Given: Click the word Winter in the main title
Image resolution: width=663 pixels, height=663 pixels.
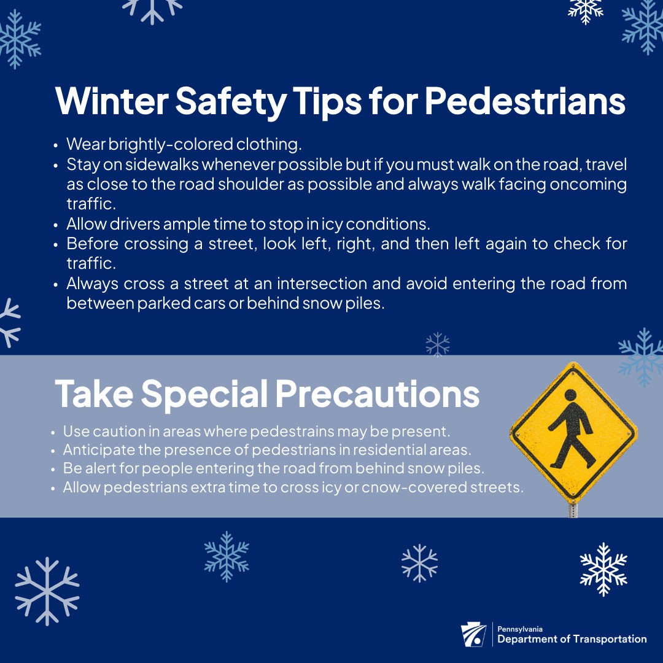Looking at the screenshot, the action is click(x=112, y=101).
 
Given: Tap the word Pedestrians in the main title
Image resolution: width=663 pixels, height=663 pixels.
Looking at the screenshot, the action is click(x=525, y=101).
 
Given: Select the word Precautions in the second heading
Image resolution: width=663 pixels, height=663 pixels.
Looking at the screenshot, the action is click(x=378, y=394).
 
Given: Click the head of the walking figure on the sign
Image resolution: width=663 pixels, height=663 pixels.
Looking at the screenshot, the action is click(x=570, y=395).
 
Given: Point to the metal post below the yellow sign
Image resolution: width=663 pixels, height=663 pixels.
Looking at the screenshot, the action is click(x=573, y=510).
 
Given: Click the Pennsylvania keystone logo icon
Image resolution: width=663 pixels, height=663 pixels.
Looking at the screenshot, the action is click(x=473, y=634).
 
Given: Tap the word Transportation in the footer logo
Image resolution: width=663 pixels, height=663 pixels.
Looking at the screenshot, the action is click(x=610, y=639).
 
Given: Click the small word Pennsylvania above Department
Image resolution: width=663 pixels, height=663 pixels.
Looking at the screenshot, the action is click(x=520, y=629).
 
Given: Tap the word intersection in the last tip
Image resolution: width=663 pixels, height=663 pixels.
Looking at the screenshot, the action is click(x=322, y=283).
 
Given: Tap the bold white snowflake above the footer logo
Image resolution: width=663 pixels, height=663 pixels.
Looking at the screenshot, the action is click(x=603, y=569).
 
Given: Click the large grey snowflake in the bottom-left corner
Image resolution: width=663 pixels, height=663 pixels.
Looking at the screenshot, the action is click(x=47, y=591).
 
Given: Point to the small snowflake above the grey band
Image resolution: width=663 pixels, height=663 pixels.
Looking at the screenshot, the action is click(x=438, y=344).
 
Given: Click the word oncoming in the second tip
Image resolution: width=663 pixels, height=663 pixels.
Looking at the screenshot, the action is click(x=588, y=184).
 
